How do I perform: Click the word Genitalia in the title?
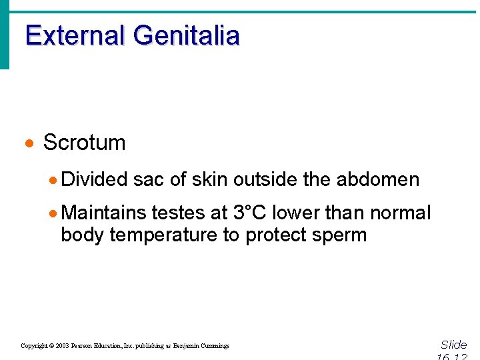(186, 35)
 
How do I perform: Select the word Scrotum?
(84, 143)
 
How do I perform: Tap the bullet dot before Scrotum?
(28, 143)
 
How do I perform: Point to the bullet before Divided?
(53, 180)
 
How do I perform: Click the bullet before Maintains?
(53, 213)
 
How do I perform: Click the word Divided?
(94, 179)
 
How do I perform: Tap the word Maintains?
(103, 213)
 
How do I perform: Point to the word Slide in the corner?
(454, 345)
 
